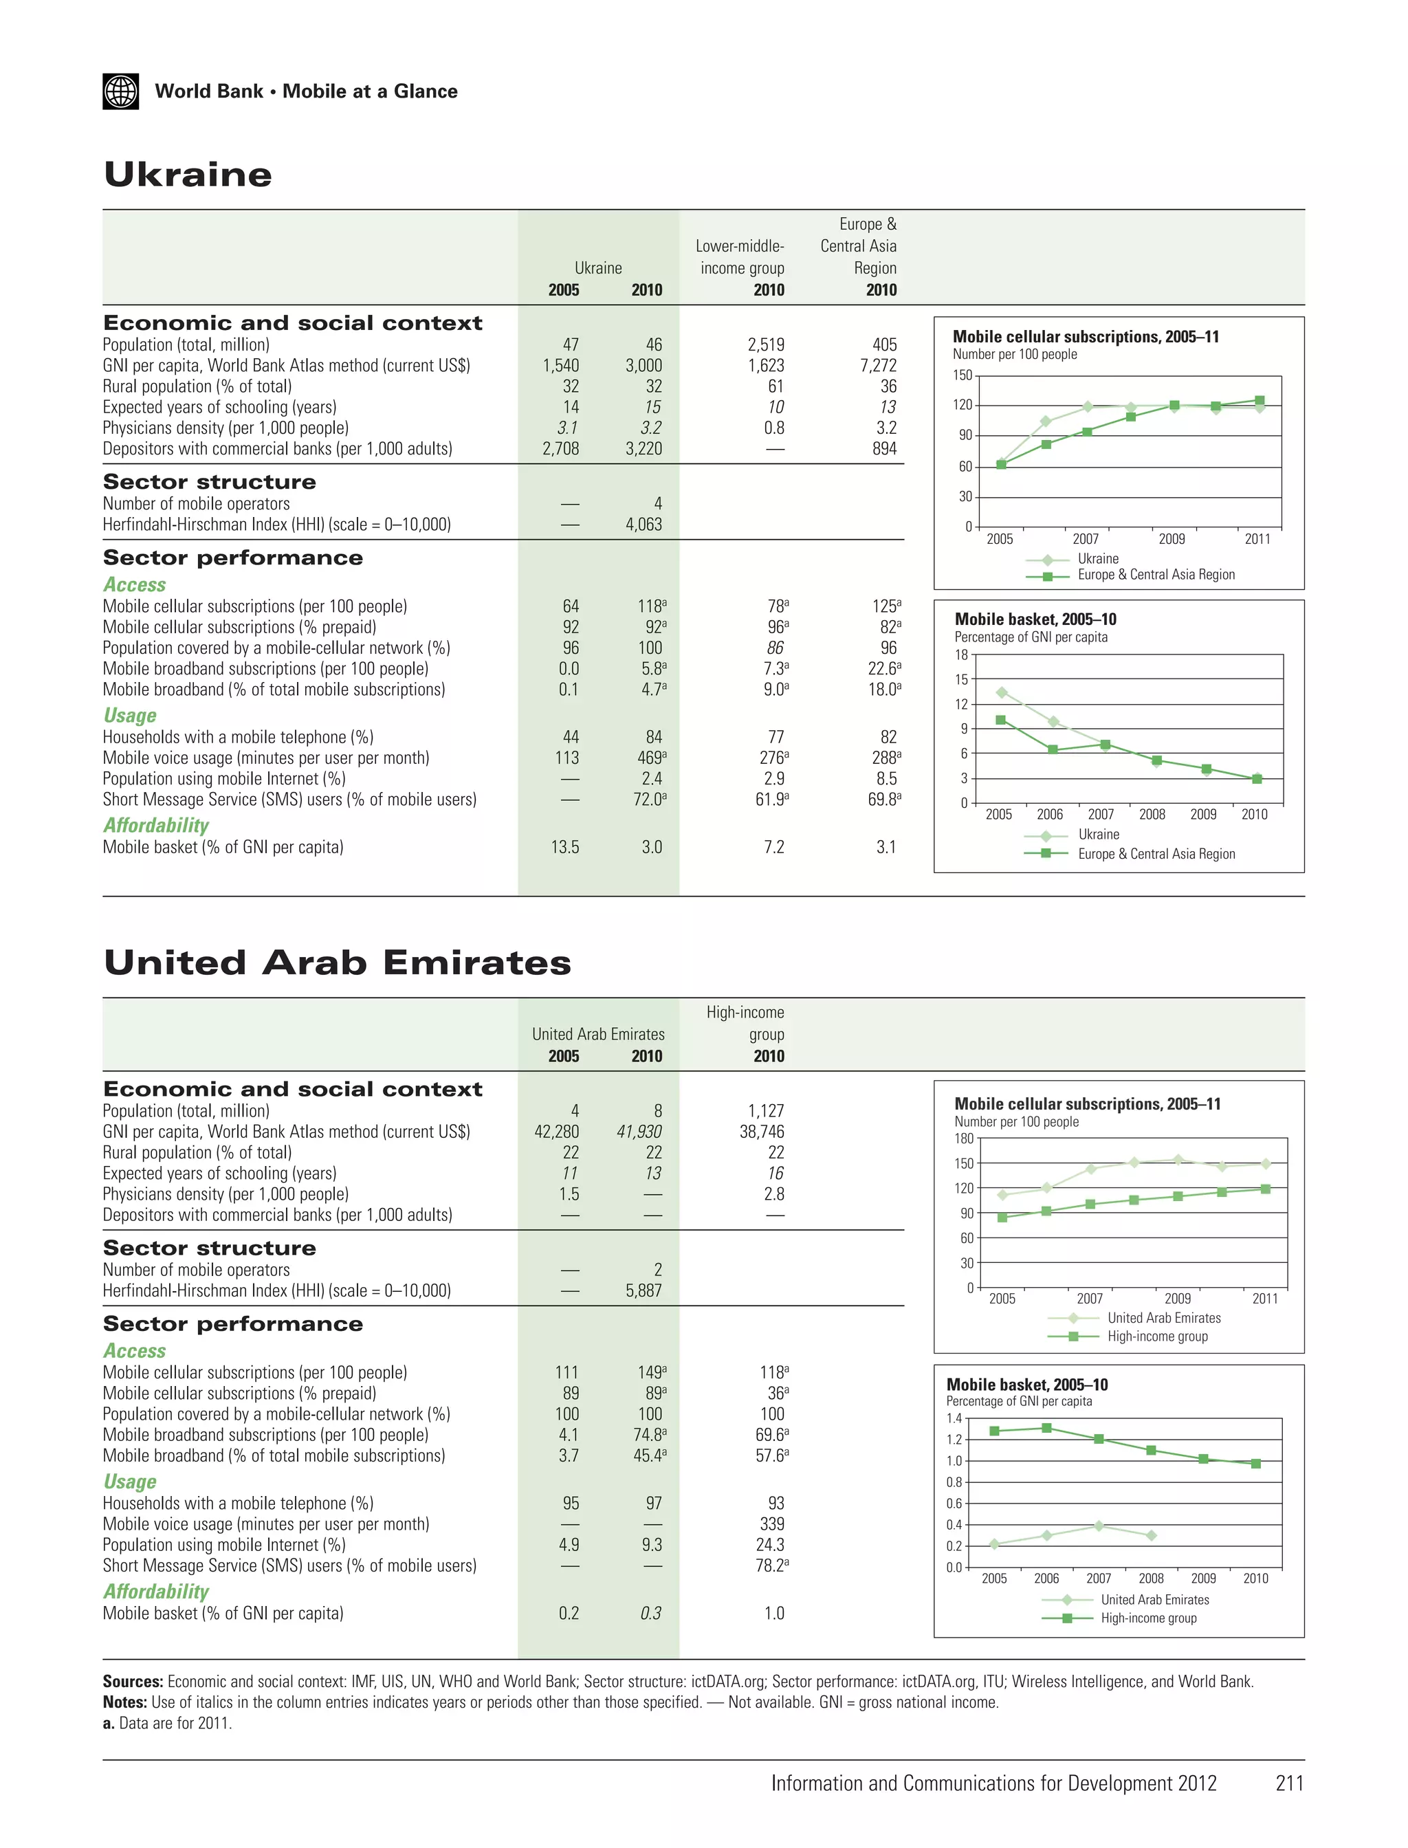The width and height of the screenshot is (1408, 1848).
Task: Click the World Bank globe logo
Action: pyautogui.click(x=121, y=91)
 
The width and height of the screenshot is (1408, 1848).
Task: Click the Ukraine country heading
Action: pyautogui.click(x=188, y=175)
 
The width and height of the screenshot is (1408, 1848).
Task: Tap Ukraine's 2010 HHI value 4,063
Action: pyautogui.click(x=643, y=525)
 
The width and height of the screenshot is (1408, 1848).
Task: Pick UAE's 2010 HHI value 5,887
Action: pyautogui.click(x=643, y=1290)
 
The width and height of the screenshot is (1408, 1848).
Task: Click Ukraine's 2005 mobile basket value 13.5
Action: pyautogui.click(x=565, y=847)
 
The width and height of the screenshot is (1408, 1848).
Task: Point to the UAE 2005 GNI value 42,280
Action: pyautogui.click(x=556, y=1132)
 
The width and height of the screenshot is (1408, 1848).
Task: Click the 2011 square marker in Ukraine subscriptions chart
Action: pyautogui.click(x=1259, y=401)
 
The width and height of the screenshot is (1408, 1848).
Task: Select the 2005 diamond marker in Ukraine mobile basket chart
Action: pyautogui.click(x=1002, y=692)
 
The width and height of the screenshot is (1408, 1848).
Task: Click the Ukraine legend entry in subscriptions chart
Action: pyautogui.click(x=1097, y=559)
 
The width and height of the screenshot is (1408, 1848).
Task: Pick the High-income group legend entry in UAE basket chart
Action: pyautogui.click(x=1147, y=1618)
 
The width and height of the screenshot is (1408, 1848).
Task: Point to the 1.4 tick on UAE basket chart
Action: pyautogui.click(x=954, y=1418)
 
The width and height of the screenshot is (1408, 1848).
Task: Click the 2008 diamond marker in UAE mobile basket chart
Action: pyautogui.click(x=1151, y=1535)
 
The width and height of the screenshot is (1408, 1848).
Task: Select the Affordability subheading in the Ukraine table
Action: pyautogui.click(x=156, y=826)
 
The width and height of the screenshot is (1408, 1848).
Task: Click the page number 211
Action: pyautogui.click(x=1289, y=1783)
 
